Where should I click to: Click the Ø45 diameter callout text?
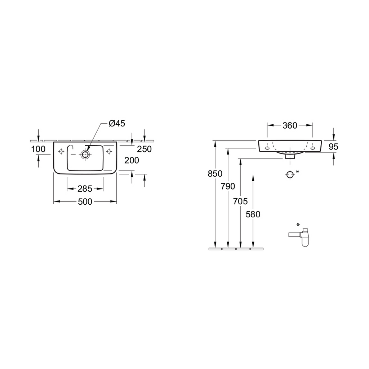117,123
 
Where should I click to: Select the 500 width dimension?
85,202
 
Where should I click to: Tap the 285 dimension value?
85,189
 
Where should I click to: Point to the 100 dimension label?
38,149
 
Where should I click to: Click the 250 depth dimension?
144,149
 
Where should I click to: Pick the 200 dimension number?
132,160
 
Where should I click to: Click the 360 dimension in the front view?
290,126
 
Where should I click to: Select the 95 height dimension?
333,147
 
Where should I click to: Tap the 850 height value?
215,174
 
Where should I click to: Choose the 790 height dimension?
228,186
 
